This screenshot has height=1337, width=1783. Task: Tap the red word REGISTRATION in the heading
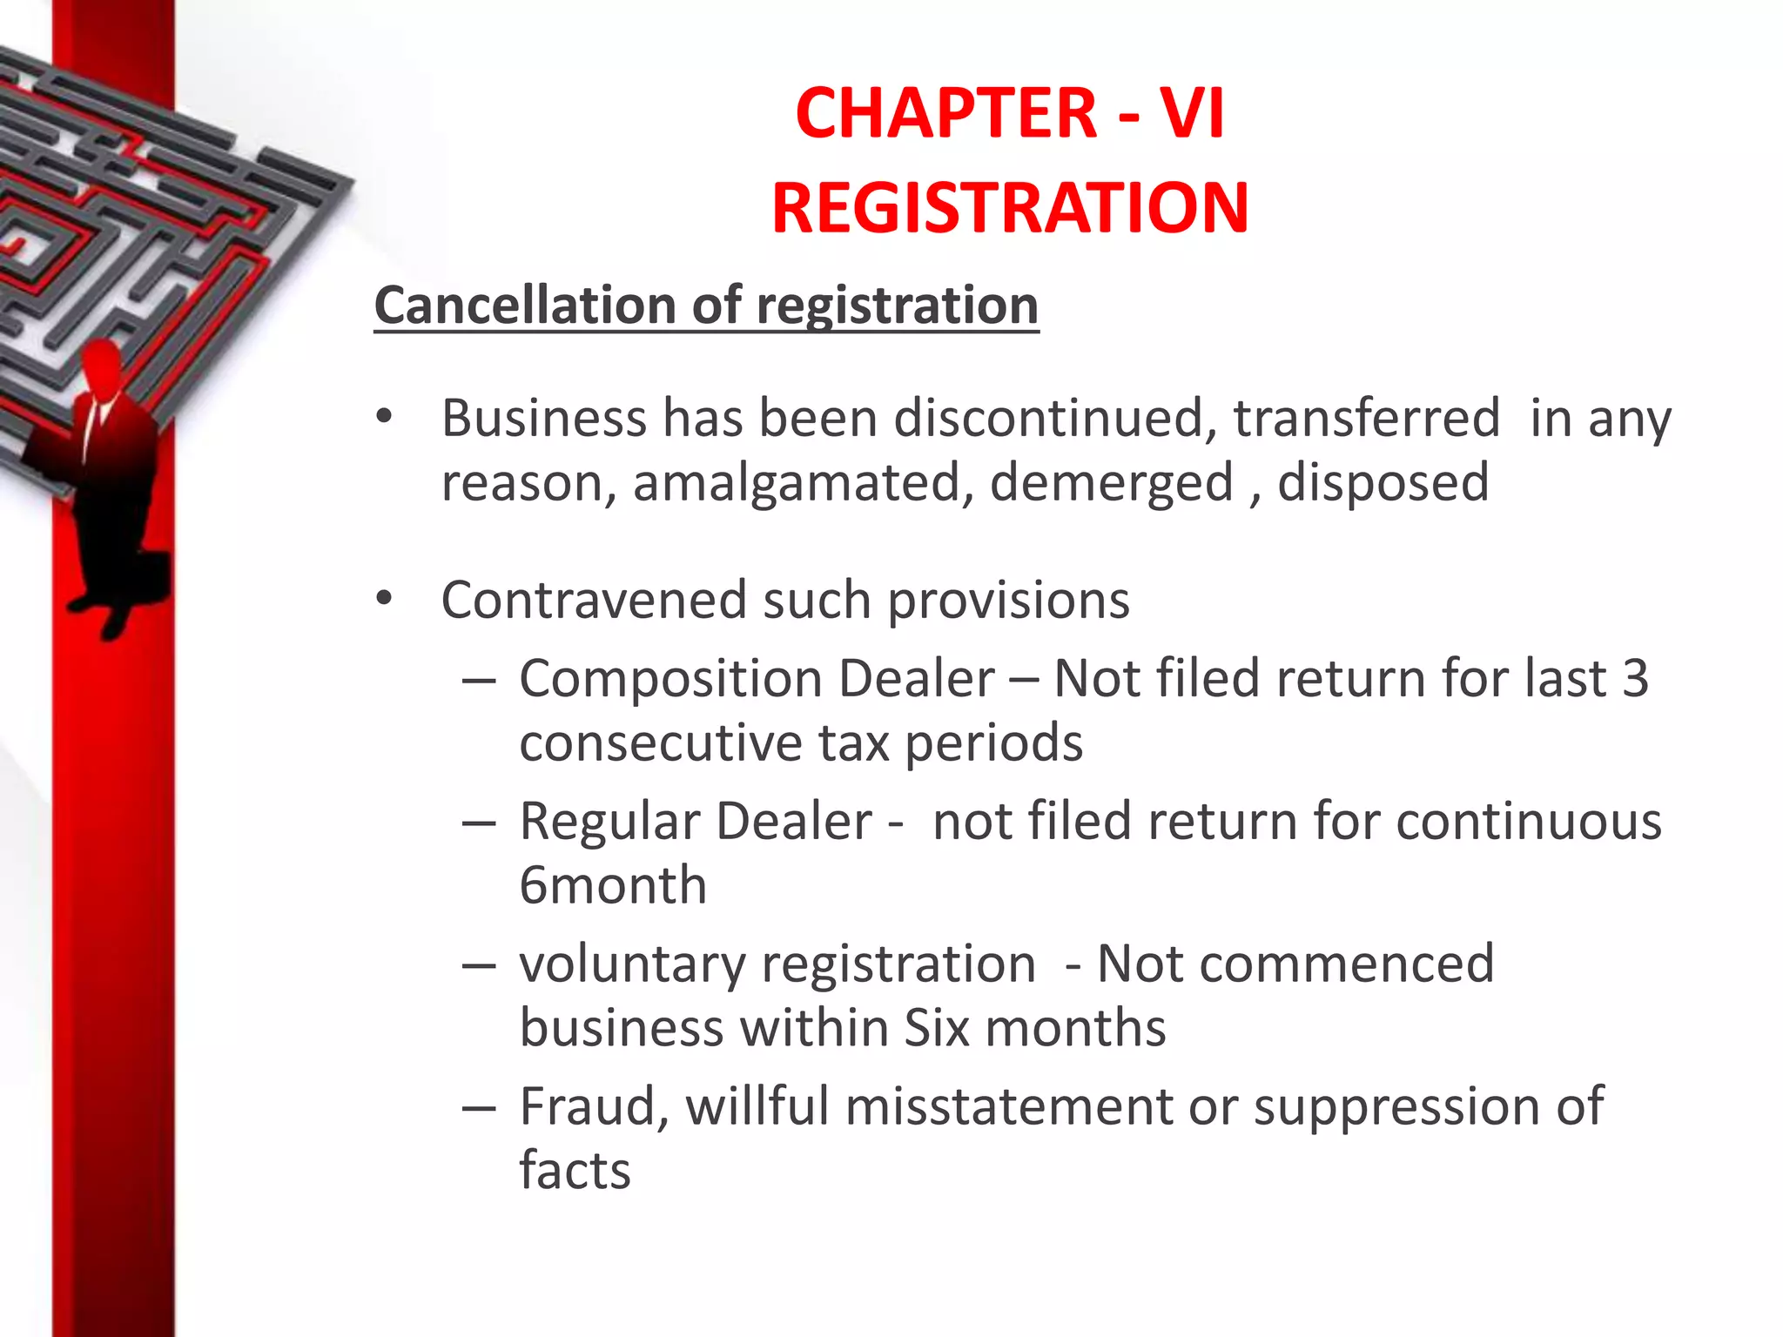click(x=1010, y=208)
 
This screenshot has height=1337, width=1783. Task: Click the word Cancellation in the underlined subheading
click(x=525, y=306)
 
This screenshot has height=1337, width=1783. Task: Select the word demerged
click(x=1112, y=483)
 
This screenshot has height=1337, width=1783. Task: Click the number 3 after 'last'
click(x=1635, y=678)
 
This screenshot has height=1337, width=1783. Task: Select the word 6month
click(x=612, y=885)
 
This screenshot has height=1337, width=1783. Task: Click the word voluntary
click(x=632, y=964)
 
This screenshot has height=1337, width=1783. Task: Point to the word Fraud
click(x=594, y=1106)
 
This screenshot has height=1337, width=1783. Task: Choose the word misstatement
click(x=1009, y=1106)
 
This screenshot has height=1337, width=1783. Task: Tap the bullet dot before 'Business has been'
click(x=384, y=418)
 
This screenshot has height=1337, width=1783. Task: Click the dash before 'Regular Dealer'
click(x=479, y=822)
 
